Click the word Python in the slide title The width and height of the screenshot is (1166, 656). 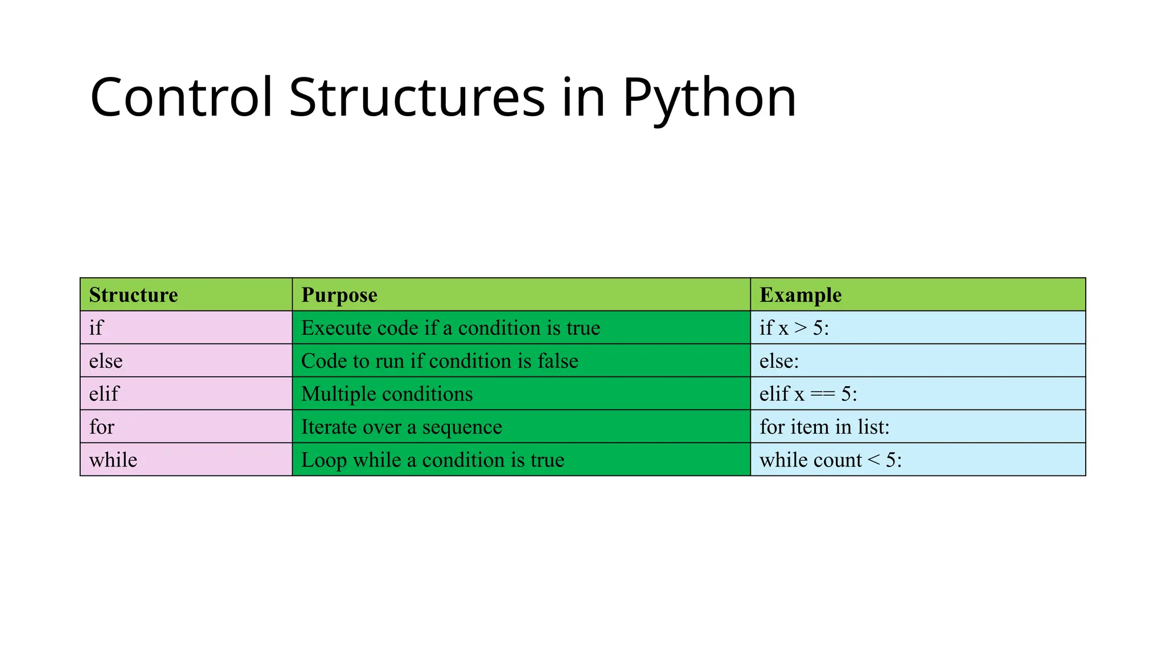click(x=709, y=98)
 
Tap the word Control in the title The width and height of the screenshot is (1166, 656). click(x=182, y=98)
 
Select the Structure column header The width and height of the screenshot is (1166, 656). click(x=133, y=295)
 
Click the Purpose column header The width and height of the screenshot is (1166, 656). click(x=339, y=295)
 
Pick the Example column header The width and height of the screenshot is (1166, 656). click(x=800, y=295)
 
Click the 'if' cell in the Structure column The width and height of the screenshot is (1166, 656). click(x=96, y=328)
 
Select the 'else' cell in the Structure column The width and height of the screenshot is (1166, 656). click(x=106, y=361)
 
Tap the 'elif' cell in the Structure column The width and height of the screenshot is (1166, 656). click(x=104, y=394)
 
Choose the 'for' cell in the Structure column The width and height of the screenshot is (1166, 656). click(x=102, y=427)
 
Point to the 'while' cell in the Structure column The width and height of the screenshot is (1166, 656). click(x=113, y=460)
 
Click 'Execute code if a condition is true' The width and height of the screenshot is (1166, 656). click(x=450, y=328)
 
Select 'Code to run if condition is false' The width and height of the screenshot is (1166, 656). click(x=440, y=361)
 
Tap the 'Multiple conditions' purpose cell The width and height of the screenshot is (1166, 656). click(x=387, y=394)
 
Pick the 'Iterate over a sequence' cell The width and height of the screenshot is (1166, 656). click(x=401, y=427)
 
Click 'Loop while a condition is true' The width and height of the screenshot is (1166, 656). click(x=433, y=460)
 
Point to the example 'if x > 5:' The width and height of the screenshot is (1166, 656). click(x=794, y=328)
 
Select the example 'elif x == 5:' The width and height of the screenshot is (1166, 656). click(x=808, y=394)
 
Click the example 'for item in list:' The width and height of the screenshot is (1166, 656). click(x=824, y=427)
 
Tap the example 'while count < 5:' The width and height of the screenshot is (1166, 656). click(x=831, y=460)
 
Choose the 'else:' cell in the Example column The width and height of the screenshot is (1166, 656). click(x=779, y=361)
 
